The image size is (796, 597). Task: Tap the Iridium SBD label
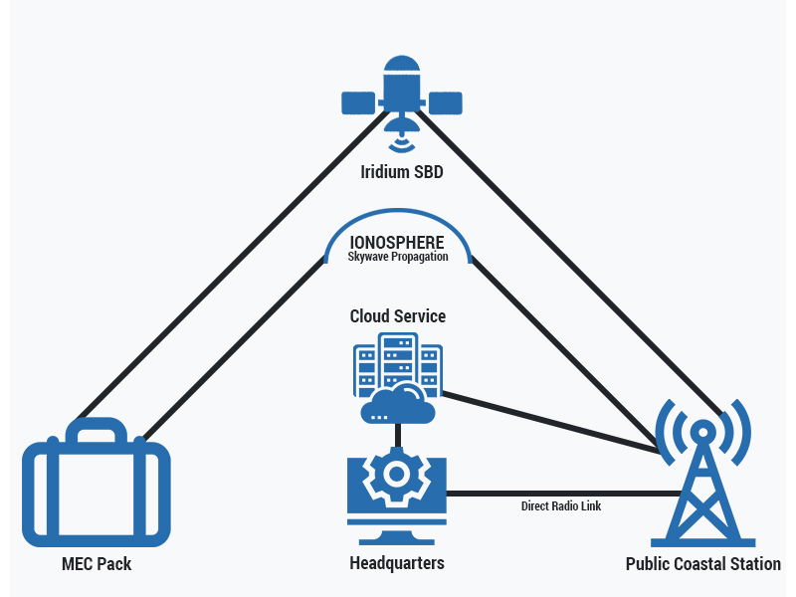point(401,172)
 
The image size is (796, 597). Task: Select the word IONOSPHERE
point(397,242)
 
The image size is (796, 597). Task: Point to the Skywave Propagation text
point(397,257)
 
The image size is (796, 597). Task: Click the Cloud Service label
point(397,316)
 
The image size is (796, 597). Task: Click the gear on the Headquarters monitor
point(396,477)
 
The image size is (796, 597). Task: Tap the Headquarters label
point(396,563)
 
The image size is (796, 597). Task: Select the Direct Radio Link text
point(561,505)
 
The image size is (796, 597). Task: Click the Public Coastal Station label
point(702,564)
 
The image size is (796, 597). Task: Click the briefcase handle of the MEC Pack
point(96,430)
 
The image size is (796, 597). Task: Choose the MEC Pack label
point(96,564)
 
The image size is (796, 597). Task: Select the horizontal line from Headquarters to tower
point(557,493)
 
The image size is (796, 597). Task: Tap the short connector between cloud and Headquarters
point(397,436)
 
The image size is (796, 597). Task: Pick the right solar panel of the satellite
point(445,102)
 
